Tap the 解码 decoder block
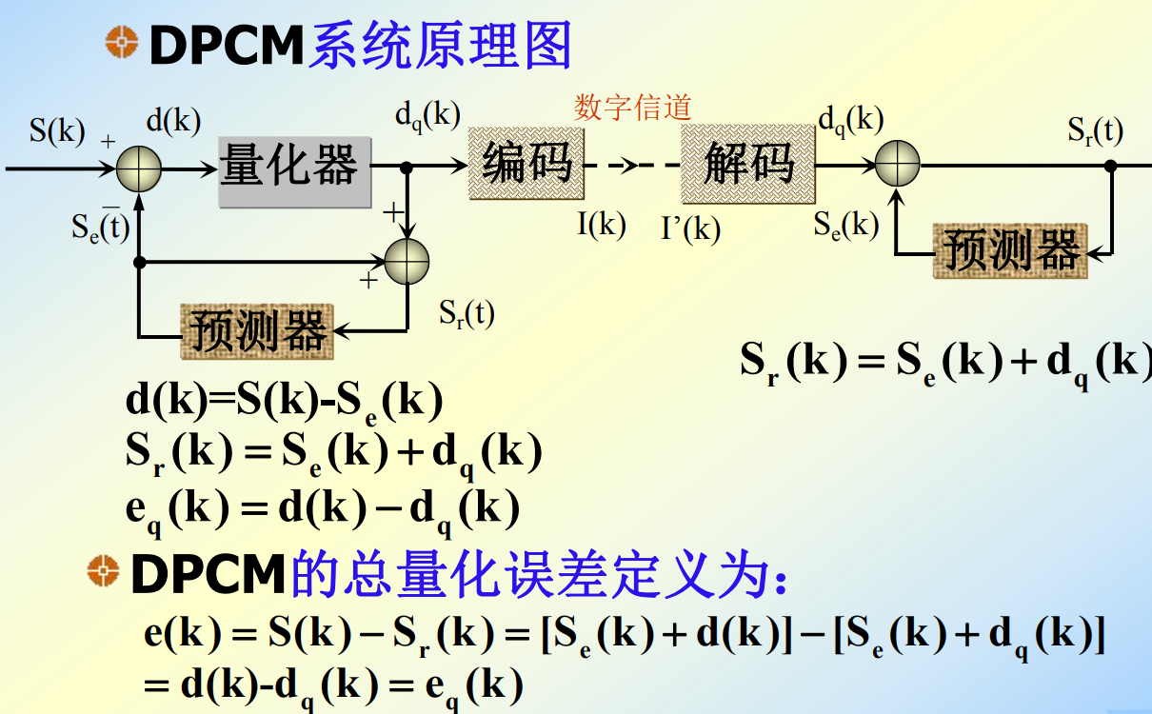748,164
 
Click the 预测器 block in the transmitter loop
257,331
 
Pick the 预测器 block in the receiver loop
1010,251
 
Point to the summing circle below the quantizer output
407,262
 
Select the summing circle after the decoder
897,165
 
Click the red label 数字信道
632,108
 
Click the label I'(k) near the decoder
690,228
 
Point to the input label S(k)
56,130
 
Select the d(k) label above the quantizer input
172,121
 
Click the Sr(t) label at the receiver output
1095,130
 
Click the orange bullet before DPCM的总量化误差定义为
102,571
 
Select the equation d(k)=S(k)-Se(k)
284,403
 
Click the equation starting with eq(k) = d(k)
322,509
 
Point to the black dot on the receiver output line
1110,166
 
